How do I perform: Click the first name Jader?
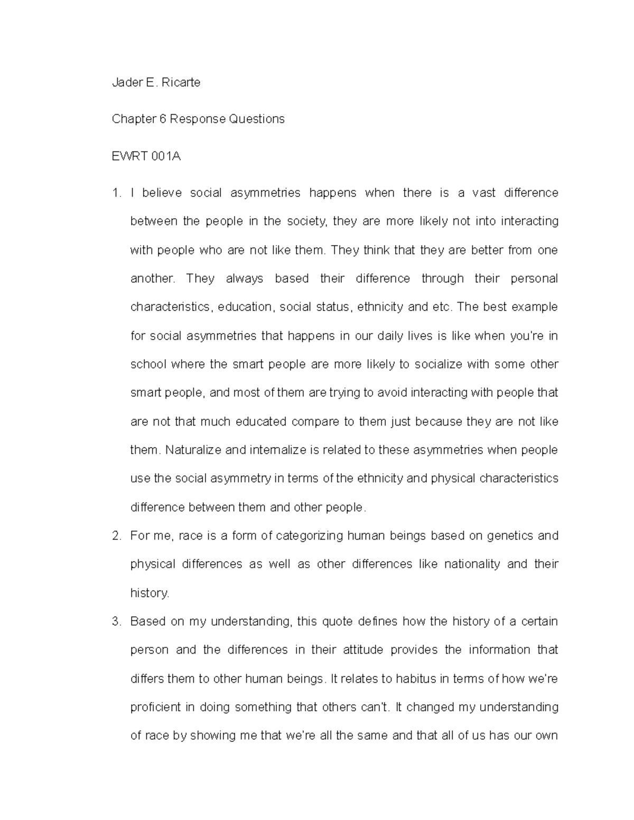(125, 82)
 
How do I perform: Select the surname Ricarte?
(181, 82)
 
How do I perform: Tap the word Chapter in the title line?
(131, 119)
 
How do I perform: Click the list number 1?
(116, 193)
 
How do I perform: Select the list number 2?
(116, 536)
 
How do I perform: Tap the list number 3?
(116, 621)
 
